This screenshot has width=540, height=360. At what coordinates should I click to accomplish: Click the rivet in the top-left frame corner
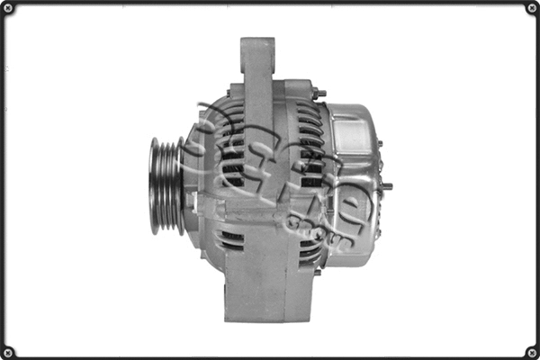[x=8, y=8]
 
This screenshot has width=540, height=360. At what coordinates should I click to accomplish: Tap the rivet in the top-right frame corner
[x=531, y=8]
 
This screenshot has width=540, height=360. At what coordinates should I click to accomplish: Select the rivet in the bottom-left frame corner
[x=8, y=351]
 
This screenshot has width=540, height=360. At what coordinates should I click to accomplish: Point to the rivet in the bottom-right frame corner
[x=531, y=351]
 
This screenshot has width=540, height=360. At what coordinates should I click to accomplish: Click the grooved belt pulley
[x=166, y=185]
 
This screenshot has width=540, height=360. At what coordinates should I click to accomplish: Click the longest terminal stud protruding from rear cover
[x=385, y=186]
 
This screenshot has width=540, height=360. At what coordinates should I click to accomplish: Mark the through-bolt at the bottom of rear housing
[x=317, y=271]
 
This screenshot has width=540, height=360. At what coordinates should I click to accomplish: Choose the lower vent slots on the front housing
[x=231, y=238]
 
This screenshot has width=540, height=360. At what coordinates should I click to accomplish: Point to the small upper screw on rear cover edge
[x=379, y=144]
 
